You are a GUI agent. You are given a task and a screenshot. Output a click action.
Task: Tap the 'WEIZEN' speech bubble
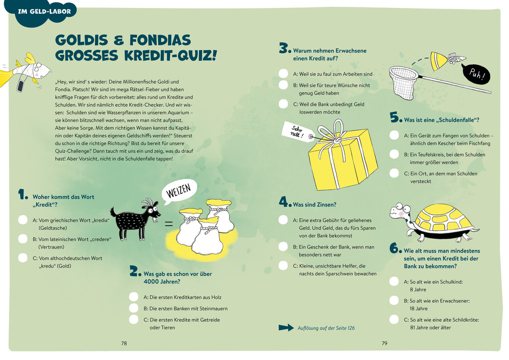tap(179, 191)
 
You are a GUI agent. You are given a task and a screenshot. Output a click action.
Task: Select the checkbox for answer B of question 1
tap(23, 239)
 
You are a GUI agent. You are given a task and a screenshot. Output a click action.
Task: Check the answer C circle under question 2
tap(134, 320)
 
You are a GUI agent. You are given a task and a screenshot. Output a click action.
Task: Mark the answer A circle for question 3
tap(283, 74)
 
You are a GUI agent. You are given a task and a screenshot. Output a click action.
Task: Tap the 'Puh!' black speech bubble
tap(476, 74)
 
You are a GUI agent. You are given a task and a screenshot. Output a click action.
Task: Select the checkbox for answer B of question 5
tap(394, 154)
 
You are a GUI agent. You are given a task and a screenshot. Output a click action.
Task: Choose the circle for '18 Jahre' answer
tap(394, 301)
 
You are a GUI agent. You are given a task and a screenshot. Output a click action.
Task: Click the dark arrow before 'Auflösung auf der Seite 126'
tap(286, 328)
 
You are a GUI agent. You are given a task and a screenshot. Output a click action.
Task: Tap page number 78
tap(124, 343)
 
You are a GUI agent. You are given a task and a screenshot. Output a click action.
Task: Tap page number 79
tap(384, 343)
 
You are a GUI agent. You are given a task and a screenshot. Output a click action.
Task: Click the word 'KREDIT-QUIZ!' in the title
tap(170, 55)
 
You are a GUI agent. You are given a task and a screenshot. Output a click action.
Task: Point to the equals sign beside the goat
tap(169, 224)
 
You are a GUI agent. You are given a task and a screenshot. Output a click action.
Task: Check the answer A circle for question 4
tap(283, 220)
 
